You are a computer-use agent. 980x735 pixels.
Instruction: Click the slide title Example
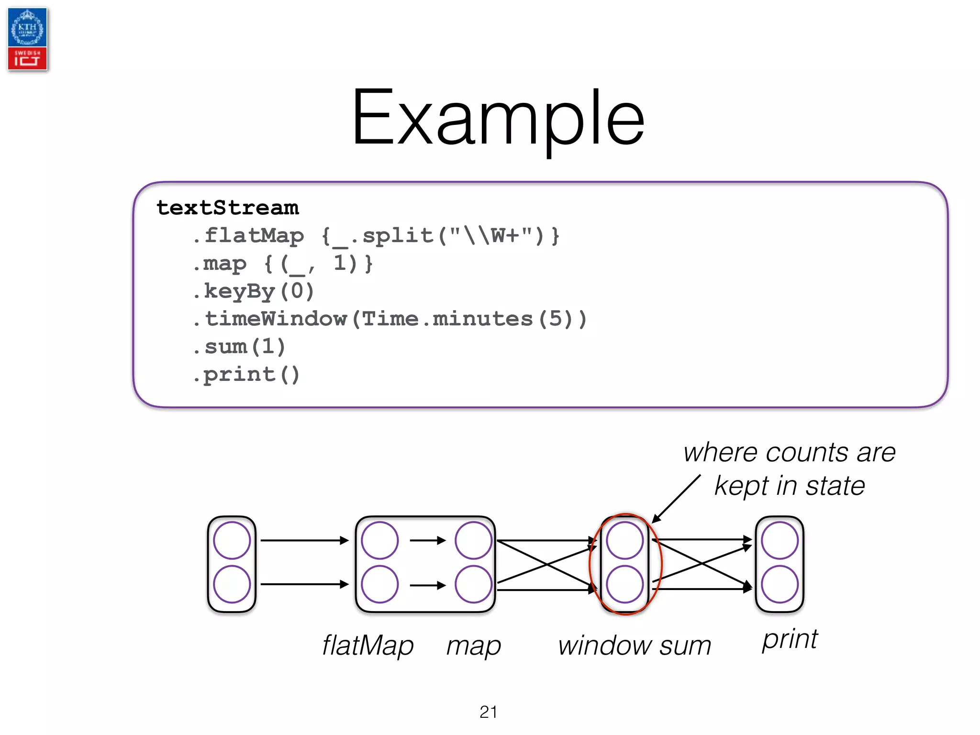(498, 119)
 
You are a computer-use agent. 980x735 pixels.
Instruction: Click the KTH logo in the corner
(27, 28)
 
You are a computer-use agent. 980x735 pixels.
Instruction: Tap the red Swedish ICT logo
(27, 59)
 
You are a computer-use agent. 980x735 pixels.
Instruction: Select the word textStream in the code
(228, 208)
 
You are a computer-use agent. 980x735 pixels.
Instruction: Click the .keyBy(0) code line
(254, 291)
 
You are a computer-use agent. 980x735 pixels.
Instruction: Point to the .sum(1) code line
(239, 347)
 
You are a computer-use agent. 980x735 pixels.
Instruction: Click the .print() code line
(246, 375)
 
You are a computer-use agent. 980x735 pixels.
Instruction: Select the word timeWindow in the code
(276, 319)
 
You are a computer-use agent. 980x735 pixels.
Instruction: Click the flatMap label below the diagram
(367, 646)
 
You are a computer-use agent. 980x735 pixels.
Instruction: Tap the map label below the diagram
(473, 646)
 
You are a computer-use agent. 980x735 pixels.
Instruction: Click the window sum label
(634, 646)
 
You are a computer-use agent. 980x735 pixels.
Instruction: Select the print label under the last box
(790, 640)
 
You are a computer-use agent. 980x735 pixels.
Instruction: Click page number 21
(488, 712)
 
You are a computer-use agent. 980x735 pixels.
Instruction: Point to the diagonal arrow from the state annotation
(676, 499)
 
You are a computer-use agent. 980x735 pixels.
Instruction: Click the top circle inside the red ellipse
(624, 541)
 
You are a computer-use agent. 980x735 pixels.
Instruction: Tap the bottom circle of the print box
(780, 584)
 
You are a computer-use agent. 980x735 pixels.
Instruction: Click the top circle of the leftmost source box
(232, 541)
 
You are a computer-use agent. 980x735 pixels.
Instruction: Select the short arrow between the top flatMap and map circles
(427, 541)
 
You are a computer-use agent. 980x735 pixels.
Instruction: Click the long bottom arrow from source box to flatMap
(304, 584)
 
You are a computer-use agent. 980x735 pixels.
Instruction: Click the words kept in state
(790, 486)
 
